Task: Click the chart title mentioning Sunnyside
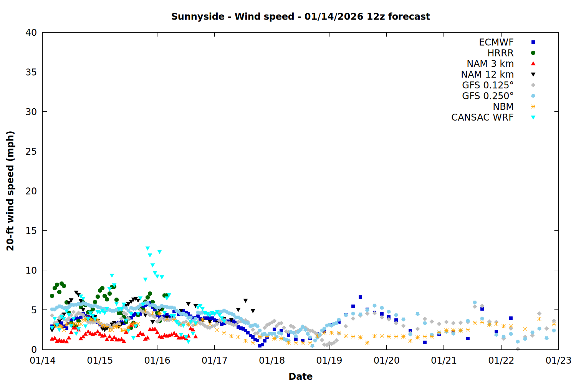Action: (x=300, y=17)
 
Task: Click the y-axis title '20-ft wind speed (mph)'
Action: (x=10, y=191)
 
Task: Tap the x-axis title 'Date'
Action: (x=300, y=376)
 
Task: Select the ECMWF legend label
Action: (x=496, y=42)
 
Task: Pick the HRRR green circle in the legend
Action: (x=533, y=53)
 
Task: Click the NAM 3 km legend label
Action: (x=490, y=64)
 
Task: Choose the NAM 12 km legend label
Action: (x=487, y=74)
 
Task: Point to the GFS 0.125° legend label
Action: (x=488, y=85)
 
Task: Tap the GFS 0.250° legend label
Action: (x=488, y=96)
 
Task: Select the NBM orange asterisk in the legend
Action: (x=533, y=107)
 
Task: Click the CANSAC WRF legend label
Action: (x=482, y=118)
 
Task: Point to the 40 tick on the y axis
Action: (x=31, y=33)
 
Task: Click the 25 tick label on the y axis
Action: (x=31, y=151)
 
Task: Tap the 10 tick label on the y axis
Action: (x=31, y=270)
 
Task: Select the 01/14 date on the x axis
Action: (x=43, y=361)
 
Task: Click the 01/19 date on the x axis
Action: (x=329, y=361)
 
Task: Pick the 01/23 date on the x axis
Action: (x=558, y=361)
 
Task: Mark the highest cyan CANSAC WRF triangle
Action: (x=147, y=248)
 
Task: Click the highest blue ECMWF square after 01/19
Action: (x=360, y=297)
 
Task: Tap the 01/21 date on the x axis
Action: (x=444, y=361)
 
